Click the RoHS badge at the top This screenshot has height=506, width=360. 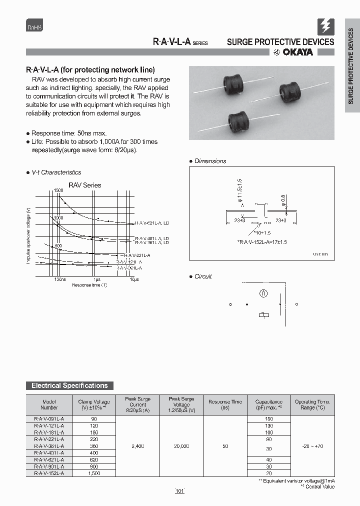pyautogui.click(x=34, y=27)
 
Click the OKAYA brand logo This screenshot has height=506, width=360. pyautogui.click(x=293, y=53)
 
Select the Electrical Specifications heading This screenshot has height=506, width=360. pyautogui.click(x=69, y=385)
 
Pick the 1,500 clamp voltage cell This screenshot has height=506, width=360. pyautogui.click(x=94, y=472)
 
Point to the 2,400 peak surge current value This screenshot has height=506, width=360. pyautogui.click(x=137, y=445)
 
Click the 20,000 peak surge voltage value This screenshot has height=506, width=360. pyautogui.click(x=181, y=445)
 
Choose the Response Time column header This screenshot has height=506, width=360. pyautogui.click(x=225, y=404)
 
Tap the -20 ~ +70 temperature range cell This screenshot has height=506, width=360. pyautogui.click(x=312, y=445)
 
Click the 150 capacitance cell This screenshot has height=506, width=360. pyautogui.click(x=269, y=418)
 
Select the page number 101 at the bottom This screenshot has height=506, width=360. pyautogui.click(x=180, y=491)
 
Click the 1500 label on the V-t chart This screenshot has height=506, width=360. pyautogui.click(x=58, y=191)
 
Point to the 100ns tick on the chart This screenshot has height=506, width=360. pyautogui.click(x=59, y=279)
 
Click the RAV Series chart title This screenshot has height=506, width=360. pyautogui.click(x=84, y=185)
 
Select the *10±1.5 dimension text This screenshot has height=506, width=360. pyautogui.click(x=262, y=233)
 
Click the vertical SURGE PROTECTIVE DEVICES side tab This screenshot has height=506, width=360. pyautogui.click(x=351, y=70)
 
